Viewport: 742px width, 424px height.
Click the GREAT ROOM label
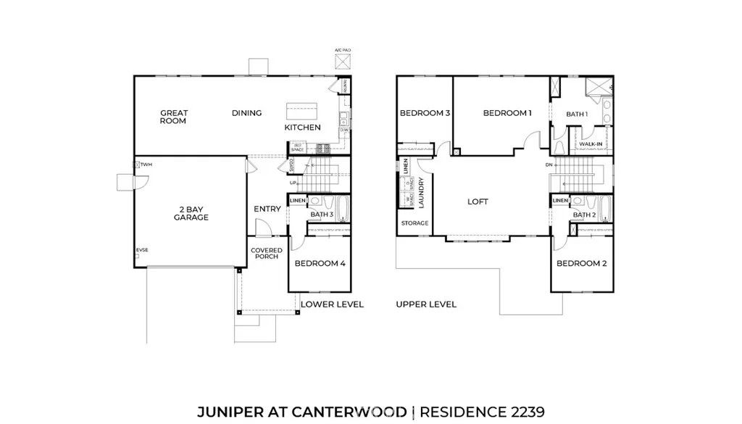point(174,117)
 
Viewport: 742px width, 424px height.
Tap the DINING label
point(246,113)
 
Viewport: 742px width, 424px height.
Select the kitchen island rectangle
point(303,112)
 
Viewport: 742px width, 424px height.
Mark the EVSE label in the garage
point(143,251)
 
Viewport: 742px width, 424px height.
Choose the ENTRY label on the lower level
point(267,209)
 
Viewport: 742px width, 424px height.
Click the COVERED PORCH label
point(266,254)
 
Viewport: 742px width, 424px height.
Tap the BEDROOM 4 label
point(320,263)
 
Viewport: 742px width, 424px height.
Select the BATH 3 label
point(322,215)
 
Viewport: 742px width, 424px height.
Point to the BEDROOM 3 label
point(425,113)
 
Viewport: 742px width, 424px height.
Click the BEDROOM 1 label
point(507,113)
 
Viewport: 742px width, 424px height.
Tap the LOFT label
point(478,201)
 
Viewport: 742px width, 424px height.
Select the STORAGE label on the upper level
point(414,223)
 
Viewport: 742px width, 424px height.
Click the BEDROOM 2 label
point(581,263)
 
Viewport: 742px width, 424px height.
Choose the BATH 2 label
point(584,215)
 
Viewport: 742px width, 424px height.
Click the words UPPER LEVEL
point(426,304)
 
